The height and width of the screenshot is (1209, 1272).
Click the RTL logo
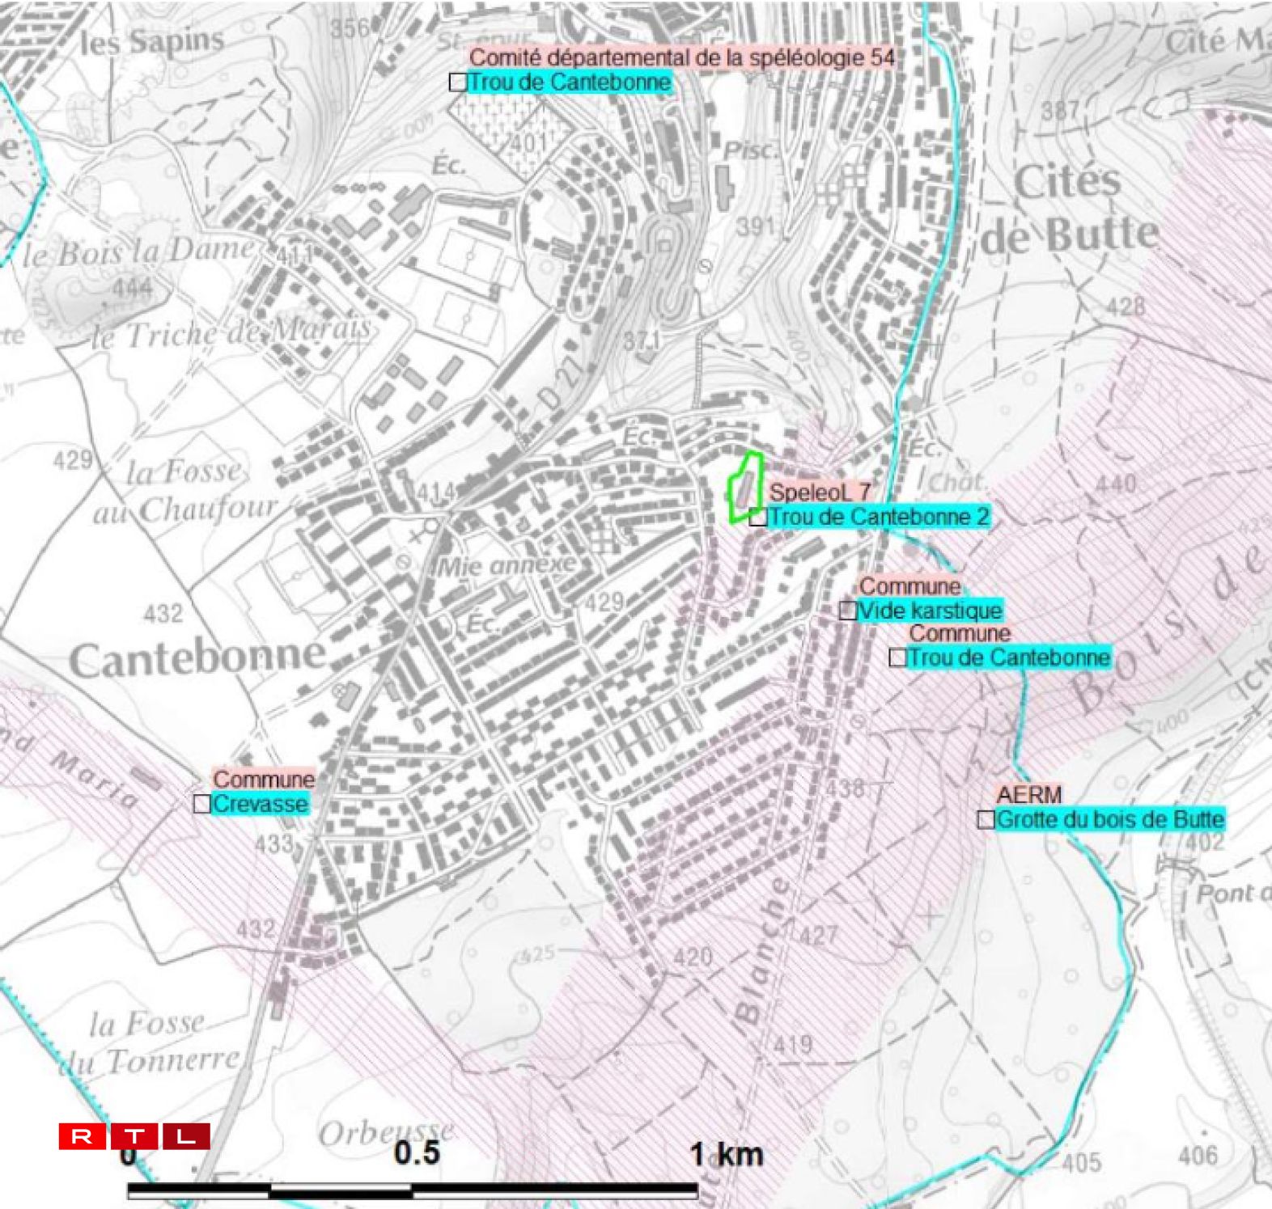(134, 1136)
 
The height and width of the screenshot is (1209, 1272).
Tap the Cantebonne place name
(198, 658)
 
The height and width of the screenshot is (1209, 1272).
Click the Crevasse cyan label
(260, 804)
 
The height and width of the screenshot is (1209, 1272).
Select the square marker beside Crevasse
(202, 804)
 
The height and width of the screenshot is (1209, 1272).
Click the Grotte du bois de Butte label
(1109, 819)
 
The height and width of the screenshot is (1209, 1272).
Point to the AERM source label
(1028, 794)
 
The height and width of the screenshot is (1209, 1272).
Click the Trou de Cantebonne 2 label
(879, 517)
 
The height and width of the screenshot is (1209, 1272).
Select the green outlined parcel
(745, 487)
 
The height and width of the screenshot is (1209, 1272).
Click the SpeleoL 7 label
(820, 492)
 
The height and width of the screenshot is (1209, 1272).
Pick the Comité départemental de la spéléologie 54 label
(682, 57)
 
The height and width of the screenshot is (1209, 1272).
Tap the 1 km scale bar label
(726, 1154)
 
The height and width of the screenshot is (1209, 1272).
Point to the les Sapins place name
(151, 41)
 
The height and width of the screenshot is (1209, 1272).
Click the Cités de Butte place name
(1070, 208)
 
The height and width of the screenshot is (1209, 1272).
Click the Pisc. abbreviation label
(749, 150)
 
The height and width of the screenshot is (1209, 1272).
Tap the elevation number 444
(132, 287)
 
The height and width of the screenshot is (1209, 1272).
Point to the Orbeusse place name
(385, 1133)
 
